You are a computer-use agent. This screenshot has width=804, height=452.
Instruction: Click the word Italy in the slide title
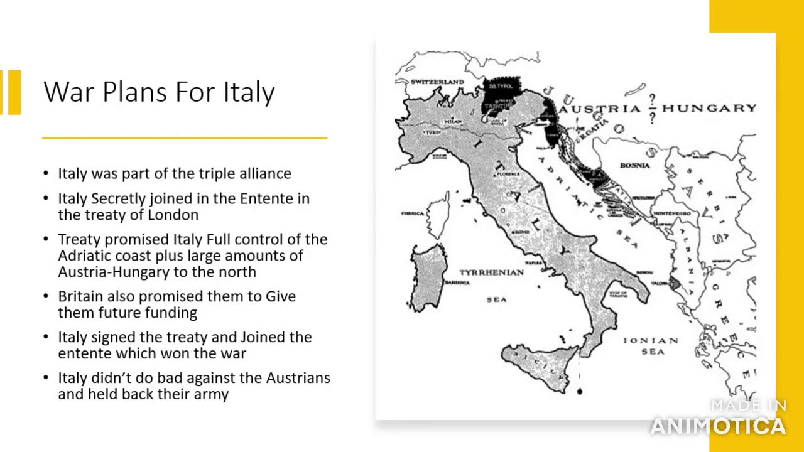[249, 92]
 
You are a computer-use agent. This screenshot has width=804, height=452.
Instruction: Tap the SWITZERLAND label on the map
[437, 82]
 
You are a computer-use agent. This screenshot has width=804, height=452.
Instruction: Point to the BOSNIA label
[634, 165]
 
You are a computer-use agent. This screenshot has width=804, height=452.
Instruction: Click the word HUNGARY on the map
[709, 109]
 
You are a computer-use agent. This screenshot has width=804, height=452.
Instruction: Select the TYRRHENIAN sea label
[491, 272]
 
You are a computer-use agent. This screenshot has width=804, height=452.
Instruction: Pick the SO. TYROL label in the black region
[501, 84]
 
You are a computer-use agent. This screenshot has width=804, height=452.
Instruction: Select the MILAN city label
[453, 121]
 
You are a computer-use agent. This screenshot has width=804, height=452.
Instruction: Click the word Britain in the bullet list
[80, 296]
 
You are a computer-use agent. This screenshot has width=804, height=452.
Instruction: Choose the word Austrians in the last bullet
[298, 378]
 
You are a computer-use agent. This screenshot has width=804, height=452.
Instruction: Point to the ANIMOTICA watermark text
[717, 426]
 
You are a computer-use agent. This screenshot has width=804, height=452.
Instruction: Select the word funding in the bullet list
[170, 313]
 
